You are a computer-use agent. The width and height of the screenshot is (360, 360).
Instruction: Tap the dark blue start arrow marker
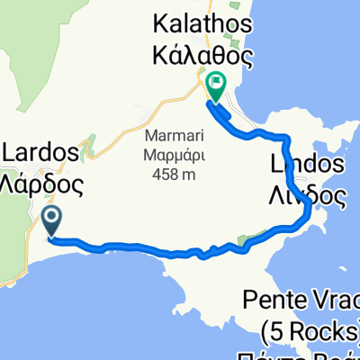[51, 220]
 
